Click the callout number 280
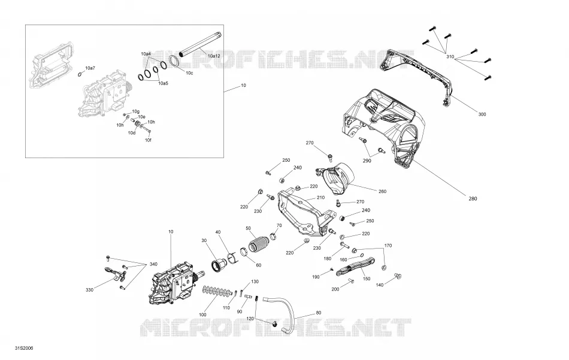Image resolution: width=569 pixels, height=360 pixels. tap(473, 198)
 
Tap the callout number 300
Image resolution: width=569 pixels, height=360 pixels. tap(482, 114)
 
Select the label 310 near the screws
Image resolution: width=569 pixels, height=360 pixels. tap(450, 57)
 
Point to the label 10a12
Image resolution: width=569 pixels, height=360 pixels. tap(214, 56)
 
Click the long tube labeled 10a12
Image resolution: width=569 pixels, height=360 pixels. tap(199, 44)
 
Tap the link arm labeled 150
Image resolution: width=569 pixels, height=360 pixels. tap(356, 267)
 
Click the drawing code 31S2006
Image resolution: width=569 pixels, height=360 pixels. tap(24, 348)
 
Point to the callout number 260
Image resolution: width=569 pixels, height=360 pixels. tap(382, 191)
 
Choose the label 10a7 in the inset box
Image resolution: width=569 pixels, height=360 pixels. tap(90, 68)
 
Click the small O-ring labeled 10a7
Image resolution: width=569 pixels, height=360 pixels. tap(80, 75)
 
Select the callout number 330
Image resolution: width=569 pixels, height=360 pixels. tap(89, 290)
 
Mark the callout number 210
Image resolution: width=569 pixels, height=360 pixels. tap(320, 198)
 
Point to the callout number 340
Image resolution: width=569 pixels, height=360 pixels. tap(153, 264)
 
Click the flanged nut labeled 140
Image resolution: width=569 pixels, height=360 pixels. tap(397, 276)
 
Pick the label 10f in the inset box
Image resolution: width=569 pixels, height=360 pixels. tap(148, 140)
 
